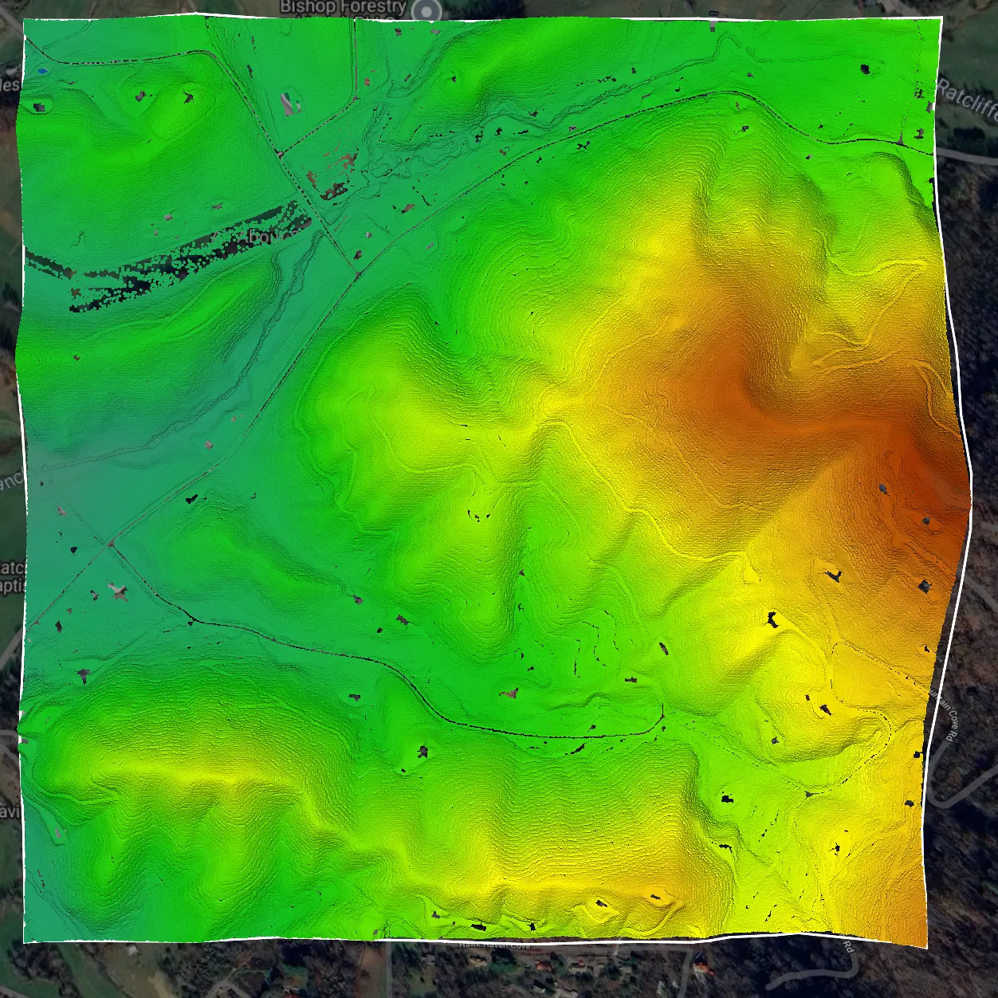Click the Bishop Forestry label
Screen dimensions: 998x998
(x=343, y=7)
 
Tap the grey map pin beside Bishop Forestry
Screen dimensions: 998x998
(x=429, y=10)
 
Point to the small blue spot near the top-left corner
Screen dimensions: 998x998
(x=41, y=71)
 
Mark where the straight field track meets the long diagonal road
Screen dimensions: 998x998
(x=357, y=273)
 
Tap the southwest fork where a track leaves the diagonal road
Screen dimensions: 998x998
(x=109, y=544)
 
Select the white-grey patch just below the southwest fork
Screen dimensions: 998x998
(x=118, y=591)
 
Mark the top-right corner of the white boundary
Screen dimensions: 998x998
(x=941, y=18)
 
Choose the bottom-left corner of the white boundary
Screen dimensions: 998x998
(x=24, y=941)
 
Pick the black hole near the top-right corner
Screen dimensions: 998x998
(x=865, y=69)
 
